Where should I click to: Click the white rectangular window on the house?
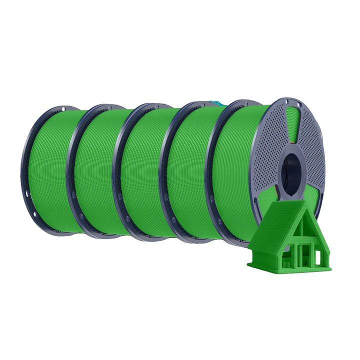[x=317, y=257]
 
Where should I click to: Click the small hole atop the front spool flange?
[x=299, y=104]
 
